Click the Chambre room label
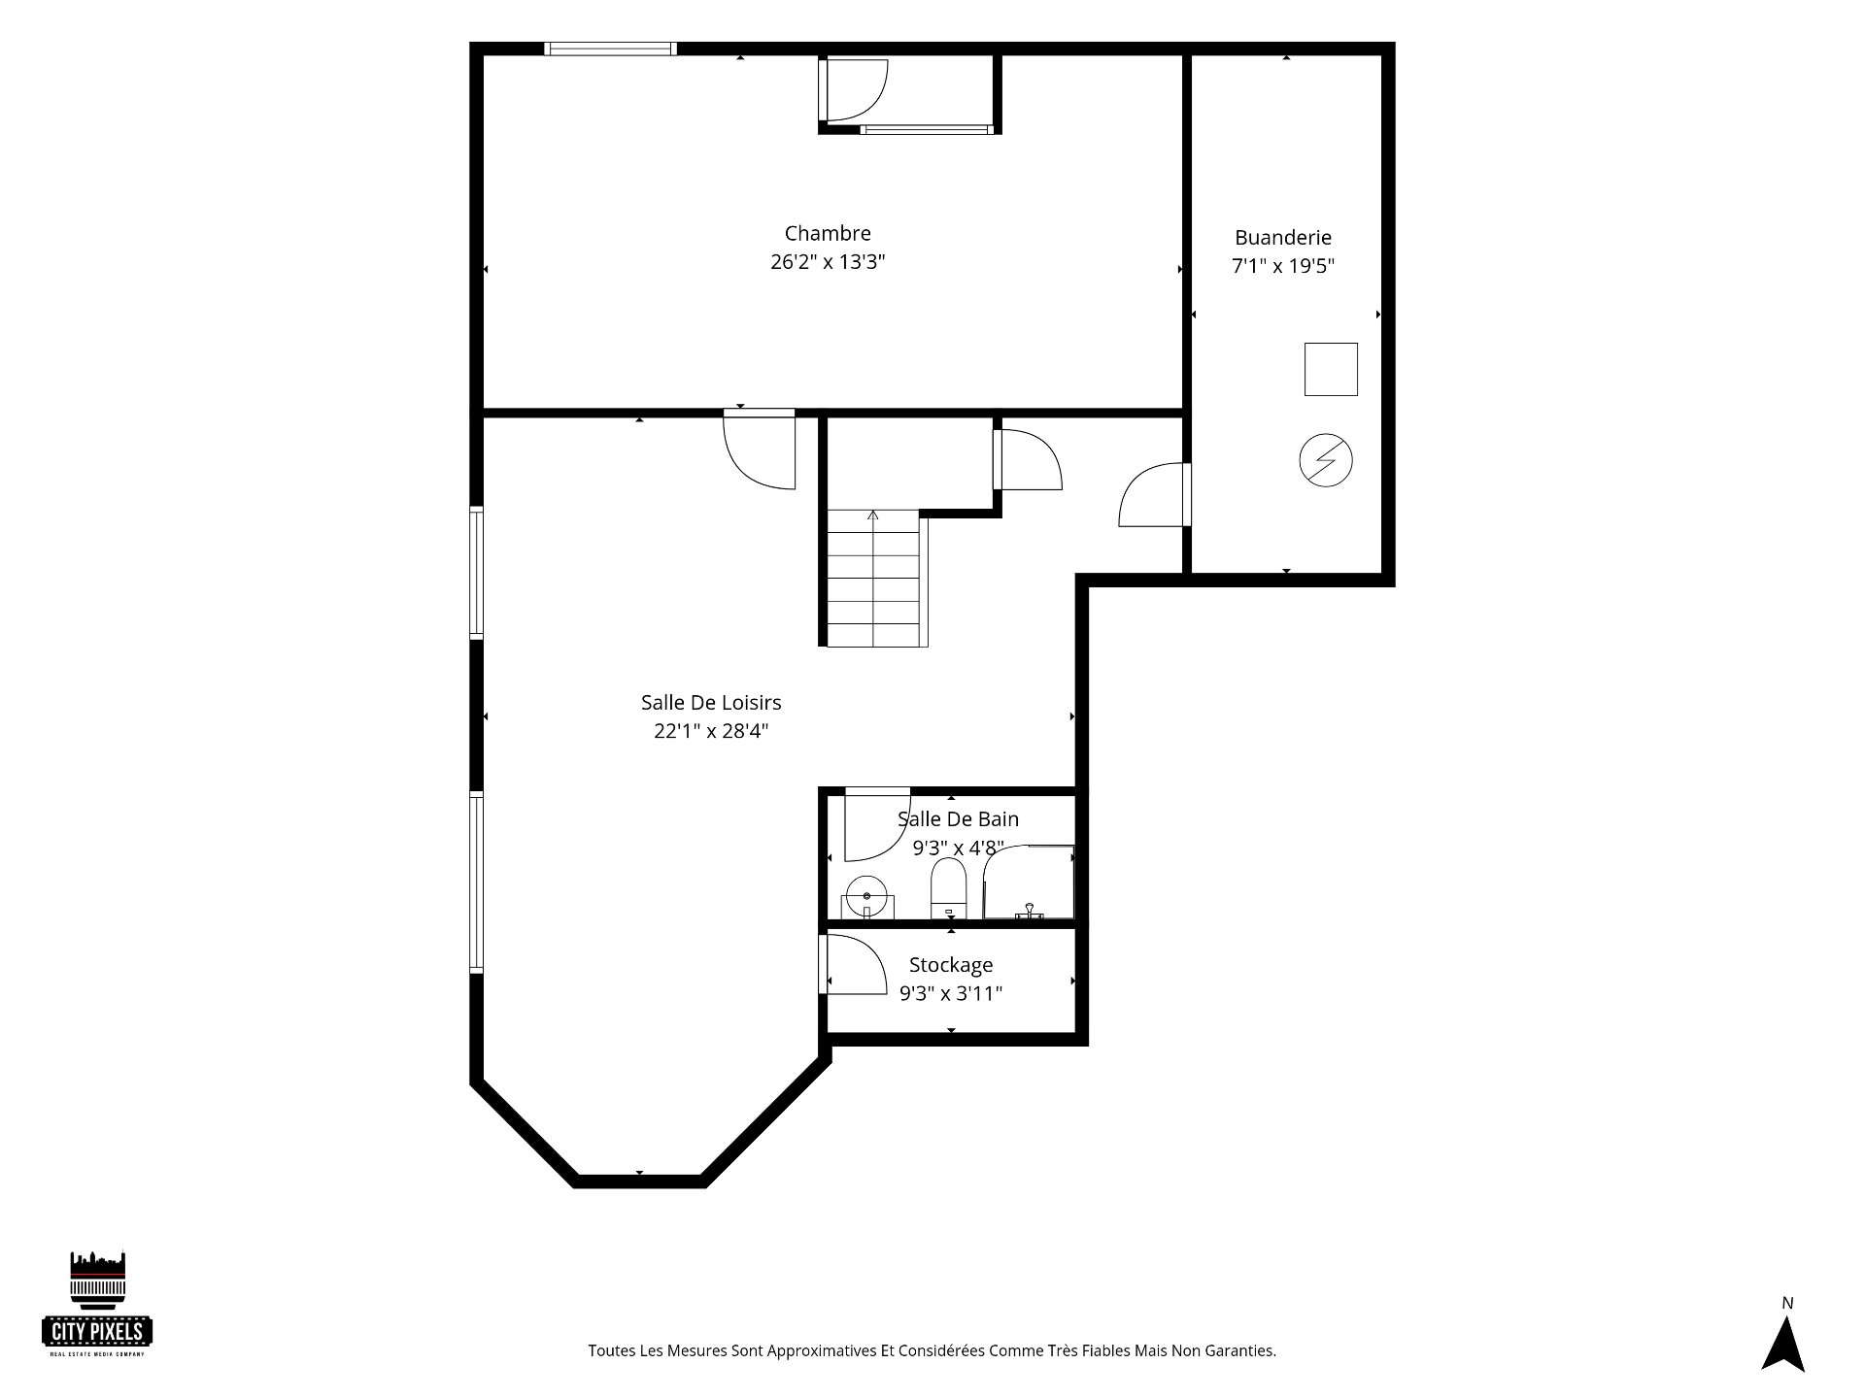[x=828, y=233]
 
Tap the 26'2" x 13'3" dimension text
[x=828, y=262]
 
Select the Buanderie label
[x=1283, y=237]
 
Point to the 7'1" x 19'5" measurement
[x=1283, y=266]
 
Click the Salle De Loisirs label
[x=711, y=702]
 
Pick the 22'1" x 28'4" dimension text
[x=711, y=731]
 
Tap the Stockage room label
[x=951, y=965]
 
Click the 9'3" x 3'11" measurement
[x=951, y=993]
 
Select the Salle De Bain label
[x=958, y=819]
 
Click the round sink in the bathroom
[x=865, y=896]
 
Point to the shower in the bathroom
[x=1029, y=882]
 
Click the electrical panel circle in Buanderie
[x=1326, y=460]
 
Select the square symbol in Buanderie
[x=1331, y=369]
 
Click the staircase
[x=873, y=578]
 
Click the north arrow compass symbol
[x=1783, y=1345]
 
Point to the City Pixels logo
[x=98, y=1303]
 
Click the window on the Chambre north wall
[x=610, y=49]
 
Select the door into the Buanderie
[x=1156, y=495]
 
